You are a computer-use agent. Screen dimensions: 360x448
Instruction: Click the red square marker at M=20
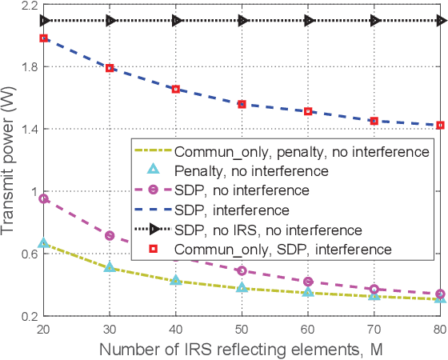point(44,38)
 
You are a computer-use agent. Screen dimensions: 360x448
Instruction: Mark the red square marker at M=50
point(242,104)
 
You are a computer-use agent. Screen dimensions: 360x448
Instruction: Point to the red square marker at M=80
point(439,125)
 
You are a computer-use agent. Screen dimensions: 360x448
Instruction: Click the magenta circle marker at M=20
point(44,198)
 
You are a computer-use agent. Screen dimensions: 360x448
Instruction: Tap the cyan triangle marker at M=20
point(44,243)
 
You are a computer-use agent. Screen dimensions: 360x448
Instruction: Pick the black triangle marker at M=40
point(176,21)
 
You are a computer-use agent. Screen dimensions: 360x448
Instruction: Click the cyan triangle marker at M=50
point(242,286)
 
